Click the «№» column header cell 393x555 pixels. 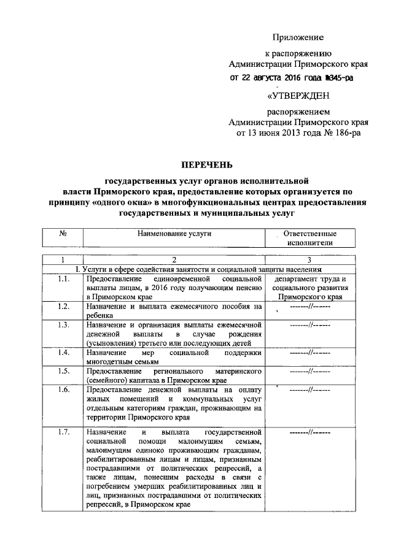click(63, 234)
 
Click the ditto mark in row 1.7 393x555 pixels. click(310, 433)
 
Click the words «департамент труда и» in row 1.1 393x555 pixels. click(309, 280)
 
